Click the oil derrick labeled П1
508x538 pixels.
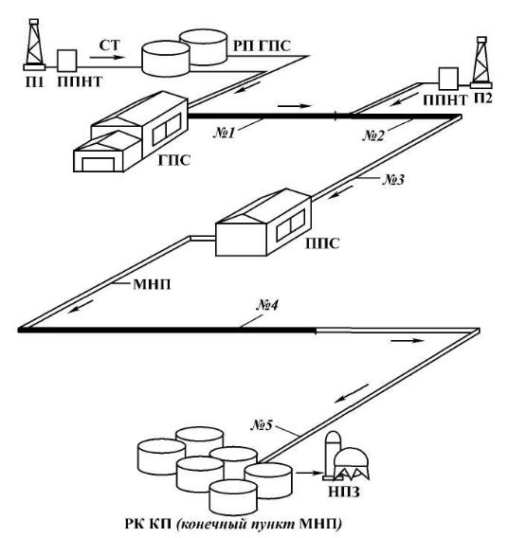click(34, 45)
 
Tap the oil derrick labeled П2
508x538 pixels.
click(481, 63)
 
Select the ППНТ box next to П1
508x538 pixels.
click(67, 61)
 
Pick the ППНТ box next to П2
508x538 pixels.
click(448, 79)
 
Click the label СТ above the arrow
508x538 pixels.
click(110, 45)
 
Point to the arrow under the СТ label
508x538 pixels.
click(107, 57)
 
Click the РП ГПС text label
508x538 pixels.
click(262, 45)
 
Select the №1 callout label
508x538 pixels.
click(224, 133)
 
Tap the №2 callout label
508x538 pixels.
click(373, 135)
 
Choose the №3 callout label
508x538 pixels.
click(393, 179)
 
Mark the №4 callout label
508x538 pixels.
click(267, 305)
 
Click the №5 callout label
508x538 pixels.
click(262, 425)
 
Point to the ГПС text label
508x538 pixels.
click(174, 160)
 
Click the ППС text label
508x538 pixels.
click(322, 243)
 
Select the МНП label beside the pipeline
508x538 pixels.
click(152, 284)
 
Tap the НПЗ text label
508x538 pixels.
click(344, 492)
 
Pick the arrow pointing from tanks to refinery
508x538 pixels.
click(309, 474)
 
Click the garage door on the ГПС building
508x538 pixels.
click(99, 165)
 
